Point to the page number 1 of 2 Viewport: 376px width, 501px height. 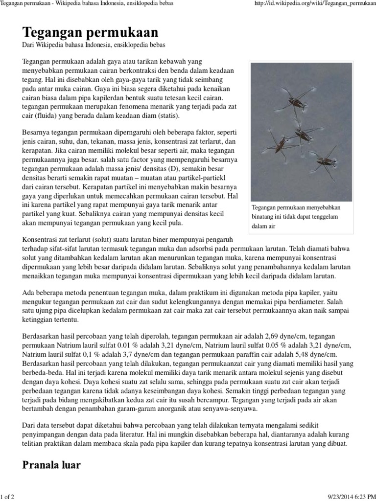click(x=8, y=497)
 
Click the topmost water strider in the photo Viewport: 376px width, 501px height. click(x=296, y=101)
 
